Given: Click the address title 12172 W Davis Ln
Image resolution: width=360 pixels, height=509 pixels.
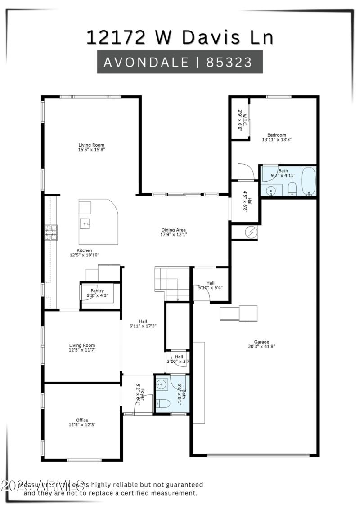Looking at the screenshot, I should click(x=180, y=37).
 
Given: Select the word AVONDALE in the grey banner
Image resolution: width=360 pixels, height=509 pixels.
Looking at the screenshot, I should click(x=145, y=62).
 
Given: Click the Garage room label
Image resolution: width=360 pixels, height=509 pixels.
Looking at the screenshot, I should click(x=261, y=342).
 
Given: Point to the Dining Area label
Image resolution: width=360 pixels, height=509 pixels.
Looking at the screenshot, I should click(x=174, y=230).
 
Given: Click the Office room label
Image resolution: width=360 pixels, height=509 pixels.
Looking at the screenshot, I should click(x=82, y=420).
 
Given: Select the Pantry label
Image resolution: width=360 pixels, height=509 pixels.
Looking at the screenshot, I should click(x=97, y=291).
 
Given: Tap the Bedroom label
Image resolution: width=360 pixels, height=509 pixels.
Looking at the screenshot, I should click(x=277, y=135).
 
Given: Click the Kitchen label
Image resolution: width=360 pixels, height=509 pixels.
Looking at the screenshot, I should click(x=84, y=250).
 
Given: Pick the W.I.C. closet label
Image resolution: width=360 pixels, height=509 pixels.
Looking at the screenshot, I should click(x=243, y=118).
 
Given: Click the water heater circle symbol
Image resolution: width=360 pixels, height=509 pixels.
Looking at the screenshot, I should click(x=250, y=232).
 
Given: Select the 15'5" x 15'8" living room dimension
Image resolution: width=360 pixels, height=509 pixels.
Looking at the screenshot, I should click(x=91, y=150).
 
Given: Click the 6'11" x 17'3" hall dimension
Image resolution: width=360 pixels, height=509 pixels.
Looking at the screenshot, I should click(x=143, y=326).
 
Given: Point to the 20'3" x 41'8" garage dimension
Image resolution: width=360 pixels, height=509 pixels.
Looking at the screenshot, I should click(x=261, y=347).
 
